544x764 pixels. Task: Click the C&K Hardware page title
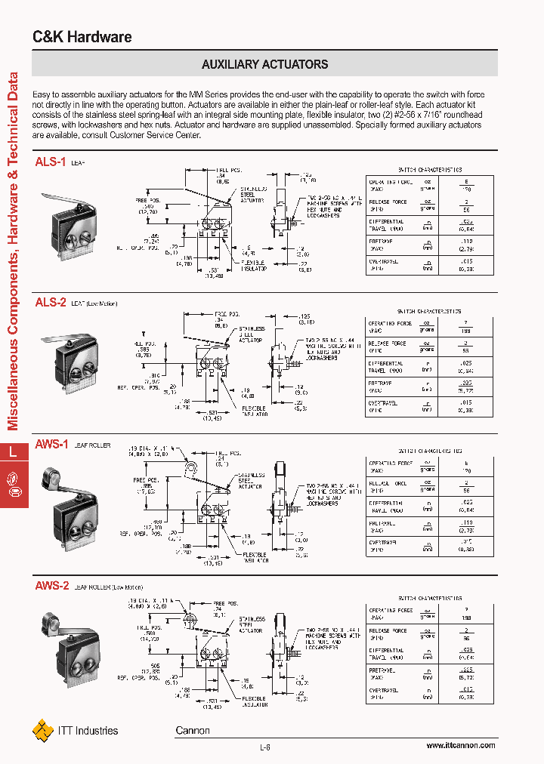(82, 37)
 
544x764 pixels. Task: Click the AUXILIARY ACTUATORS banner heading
(264, 64)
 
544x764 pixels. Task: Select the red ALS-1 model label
(51, 162)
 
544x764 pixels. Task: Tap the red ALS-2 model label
(51, 302)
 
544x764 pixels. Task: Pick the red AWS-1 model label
(52, 445)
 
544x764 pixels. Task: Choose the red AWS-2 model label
(52, 585)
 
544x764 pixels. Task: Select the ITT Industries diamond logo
(42, 730)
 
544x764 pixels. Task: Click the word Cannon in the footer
(193, 730)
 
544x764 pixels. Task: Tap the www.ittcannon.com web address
(460, 745)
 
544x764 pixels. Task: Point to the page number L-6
(264, 747)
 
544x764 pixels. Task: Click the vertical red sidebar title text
(13, 249)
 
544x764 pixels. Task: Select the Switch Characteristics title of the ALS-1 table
(429, 171)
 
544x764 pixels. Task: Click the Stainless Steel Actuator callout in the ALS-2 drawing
(252, 334)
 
